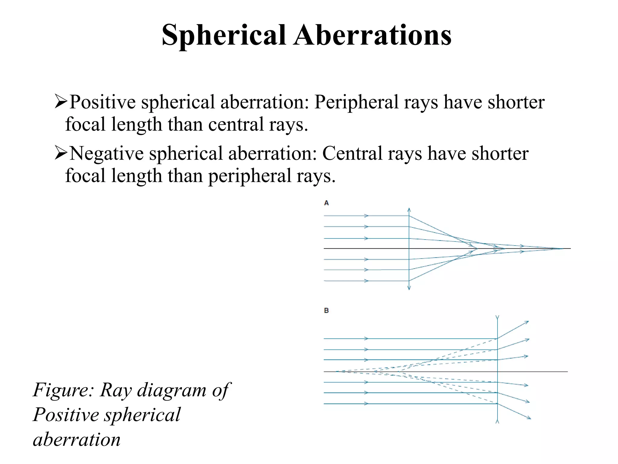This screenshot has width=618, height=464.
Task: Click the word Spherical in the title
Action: [224, 35]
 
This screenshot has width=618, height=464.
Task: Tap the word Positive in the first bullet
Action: [103, 102]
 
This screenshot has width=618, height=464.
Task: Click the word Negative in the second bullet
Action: [107, 153]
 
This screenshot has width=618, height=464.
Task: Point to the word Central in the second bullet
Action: [352, 153]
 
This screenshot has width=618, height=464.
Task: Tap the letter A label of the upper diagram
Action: [326, 203]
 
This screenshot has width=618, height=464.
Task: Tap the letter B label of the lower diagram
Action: [326, 311]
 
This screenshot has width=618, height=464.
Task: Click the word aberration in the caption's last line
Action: [77, 440]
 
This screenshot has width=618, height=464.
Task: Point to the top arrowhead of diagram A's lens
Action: [409, 209]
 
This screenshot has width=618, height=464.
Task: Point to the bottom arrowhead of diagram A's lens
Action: [409, 288]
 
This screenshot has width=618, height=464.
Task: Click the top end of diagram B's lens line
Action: [497, 317]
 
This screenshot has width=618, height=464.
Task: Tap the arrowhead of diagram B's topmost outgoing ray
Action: [527, 322]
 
